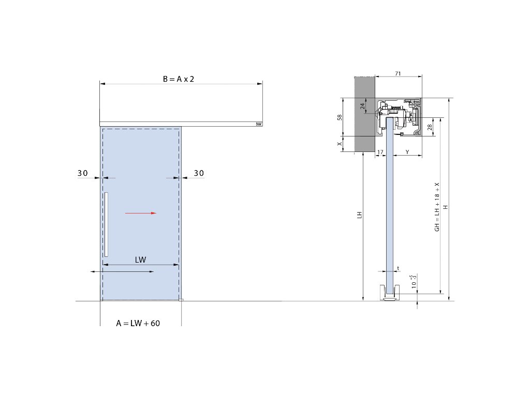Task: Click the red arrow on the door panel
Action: [141, 213]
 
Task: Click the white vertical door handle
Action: [106, 224]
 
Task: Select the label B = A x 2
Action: [179, 79]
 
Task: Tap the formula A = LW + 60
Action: [138, 323]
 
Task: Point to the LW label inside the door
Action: [140, 259]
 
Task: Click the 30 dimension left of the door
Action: [82, 173]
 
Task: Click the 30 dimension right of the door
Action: [199, 173]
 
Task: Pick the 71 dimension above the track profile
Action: [398, 73]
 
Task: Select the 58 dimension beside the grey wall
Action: [340, 117]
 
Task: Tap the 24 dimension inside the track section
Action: [362, 106]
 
